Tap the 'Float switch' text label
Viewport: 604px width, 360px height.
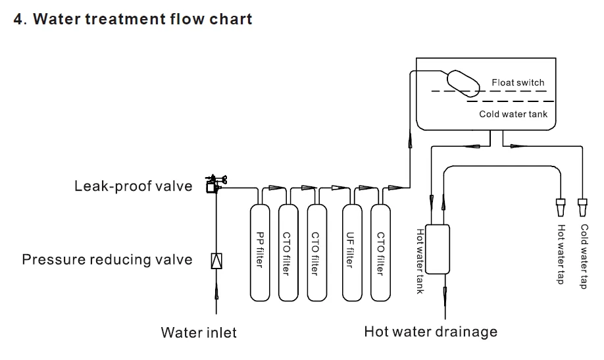[x=518, y=82]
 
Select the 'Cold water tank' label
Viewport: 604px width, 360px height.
[x=513, y=115]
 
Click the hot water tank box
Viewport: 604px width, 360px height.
[x=437, y=248]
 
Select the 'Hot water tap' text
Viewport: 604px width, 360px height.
[x=561, y=255]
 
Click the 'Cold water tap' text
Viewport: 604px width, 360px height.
[x=584, y=256]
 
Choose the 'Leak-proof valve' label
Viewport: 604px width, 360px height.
[x=133, y=186]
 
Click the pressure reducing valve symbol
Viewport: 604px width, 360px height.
[x=216, y=261]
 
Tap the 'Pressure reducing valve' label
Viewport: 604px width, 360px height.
[x=107, y=259]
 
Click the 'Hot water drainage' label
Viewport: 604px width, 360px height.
[x=430, y=331]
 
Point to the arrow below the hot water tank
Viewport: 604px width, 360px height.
[x=445, y=296]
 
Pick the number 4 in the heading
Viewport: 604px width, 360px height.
[x=18, y=18]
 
